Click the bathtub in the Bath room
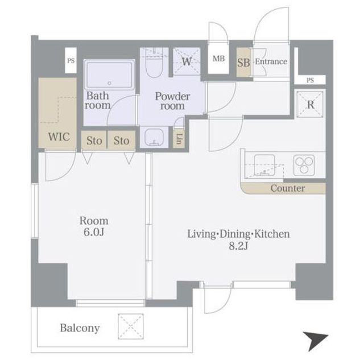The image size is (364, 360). (109, 75)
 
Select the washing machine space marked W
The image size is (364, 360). (187, 61)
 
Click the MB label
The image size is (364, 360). (218, 59)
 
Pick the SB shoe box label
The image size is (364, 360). (243, 63)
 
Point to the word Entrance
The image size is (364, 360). (271, 61)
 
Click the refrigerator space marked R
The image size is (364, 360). (311, 105)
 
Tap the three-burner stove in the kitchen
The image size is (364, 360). (304, 165)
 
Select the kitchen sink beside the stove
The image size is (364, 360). (264, 165)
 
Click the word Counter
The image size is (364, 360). (288, 188)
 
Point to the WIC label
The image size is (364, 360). (59, 136)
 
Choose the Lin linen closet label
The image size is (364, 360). (179, 139)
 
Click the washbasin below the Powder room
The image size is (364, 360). (154, 138)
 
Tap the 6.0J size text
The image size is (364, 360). (94, 232)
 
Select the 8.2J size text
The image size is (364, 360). (238, 246)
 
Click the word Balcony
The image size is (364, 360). (80, 328)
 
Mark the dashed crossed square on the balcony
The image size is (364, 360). (130, 326)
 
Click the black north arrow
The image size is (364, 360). (315, 341)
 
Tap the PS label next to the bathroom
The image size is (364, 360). (71, 61)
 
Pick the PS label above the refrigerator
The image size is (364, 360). (310, 80)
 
